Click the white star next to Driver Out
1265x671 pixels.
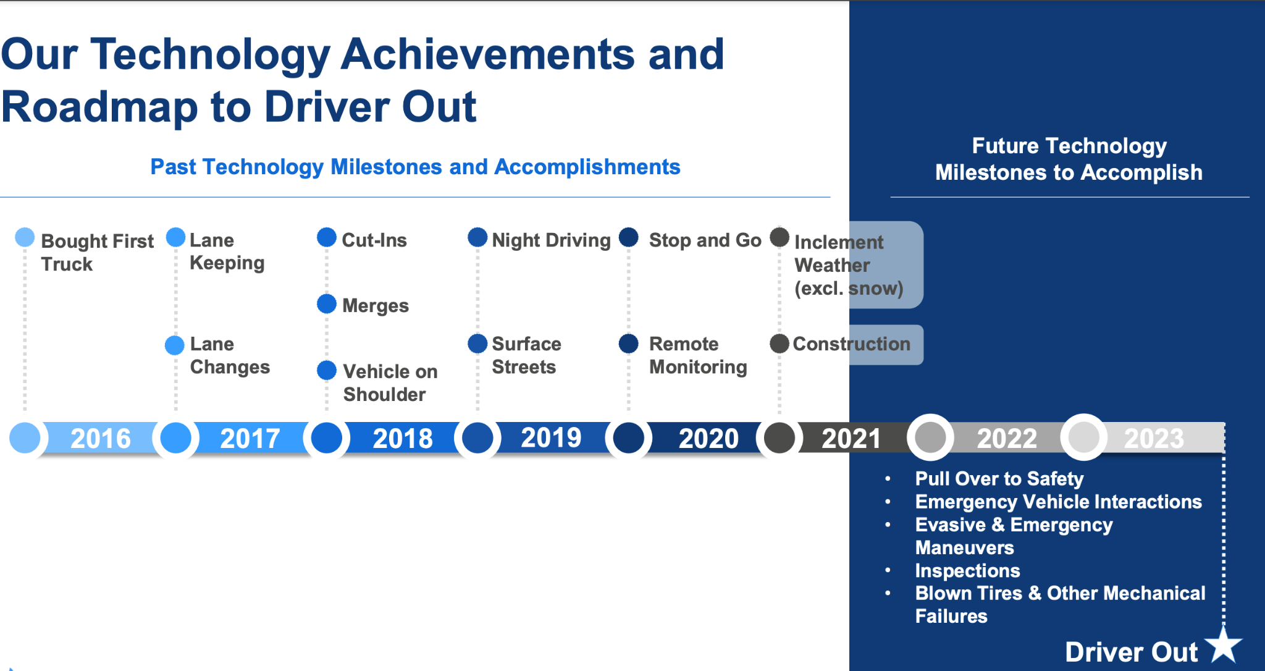coord(1224,645)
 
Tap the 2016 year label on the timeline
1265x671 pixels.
coord(101,439)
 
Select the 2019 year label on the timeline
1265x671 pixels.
coord(551,437)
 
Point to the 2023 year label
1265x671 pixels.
coord(1154,439)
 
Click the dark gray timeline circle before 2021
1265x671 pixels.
coord(780,438)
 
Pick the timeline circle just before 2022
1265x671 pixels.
coord(930,437)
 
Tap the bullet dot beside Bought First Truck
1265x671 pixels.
coord(25,237)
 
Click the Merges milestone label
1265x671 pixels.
coord(376,306)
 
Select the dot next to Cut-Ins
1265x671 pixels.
coord(327,237)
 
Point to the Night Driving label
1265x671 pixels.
coord(551,240)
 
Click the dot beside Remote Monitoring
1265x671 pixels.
coord(629,344)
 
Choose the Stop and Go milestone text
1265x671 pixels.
coord(705,240)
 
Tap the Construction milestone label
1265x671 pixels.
coord(851,344)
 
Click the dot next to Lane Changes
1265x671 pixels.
coord(175,345)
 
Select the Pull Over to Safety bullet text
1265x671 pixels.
coord(999,479)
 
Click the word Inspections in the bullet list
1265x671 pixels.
coord(967,570)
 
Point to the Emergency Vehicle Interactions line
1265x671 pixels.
coord(1058,502)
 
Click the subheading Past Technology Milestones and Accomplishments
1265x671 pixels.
coord(415,167)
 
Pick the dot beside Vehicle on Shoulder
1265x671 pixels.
coord(327,370)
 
